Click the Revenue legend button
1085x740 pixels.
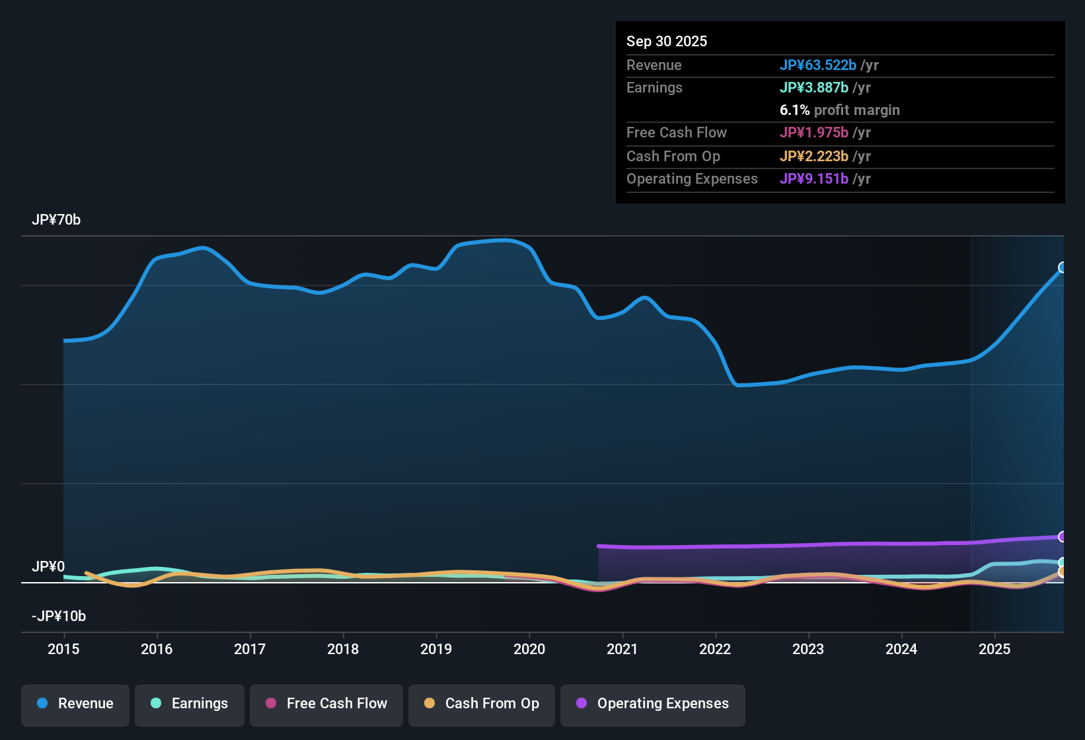(75, 704)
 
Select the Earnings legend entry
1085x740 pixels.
(190, 704)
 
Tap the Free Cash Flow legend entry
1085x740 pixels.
(326, 704)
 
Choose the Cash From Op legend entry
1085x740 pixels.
(482, 704)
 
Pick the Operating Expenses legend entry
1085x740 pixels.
(653, 704)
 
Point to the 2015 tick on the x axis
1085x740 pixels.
(63, 649)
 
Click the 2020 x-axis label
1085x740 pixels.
(529, 649)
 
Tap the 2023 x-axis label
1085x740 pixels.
(808, 649)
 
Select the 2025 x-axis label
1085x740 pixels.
(994, 649)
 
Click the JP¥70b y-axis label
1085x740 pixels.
(56, 220)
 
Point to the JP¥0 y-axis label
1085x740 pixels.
(48, 567)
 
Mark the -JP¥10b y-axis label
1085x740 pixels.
(59, 616)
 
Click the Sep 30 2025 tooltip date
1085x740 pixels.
(667, 41)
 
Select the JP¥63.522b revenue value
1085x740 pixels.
(818, 65)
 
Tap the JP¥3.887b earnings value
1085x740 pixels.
(814, 87)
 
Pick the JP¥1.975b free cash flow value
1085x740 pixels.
(814, 132)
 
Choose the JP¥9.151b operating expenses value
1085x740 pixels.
(814, 178)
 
